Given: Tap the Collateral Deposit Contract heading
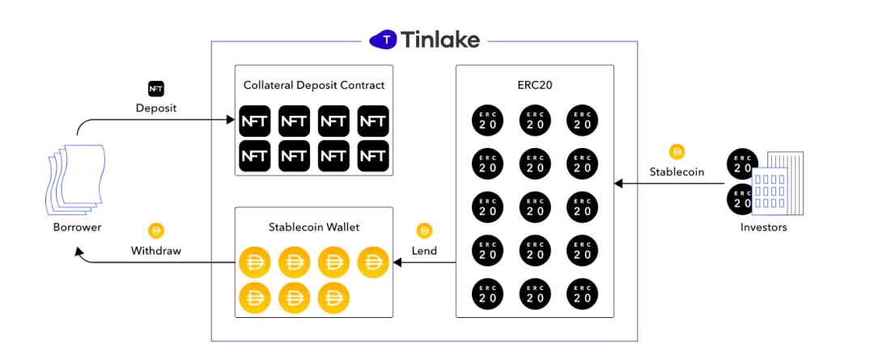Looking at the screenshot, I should coord(314,85).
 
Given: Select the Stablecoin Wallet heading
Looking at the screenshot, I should coord(313,227).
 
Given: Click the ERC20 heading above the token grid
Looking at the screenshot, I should coord(534,85).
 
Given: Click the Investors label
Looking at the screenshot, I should coord(763,227).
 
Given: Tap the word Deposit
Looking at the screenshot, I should coord(155,108).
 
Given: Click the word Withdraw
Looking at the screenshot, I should coord(155,251).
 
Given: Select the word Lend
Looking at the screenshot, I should coord(424,251).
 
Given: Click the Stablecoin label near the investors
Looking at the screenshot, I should coord(677,172).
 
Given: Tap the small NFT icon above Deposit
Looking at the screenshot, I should coord(155,88).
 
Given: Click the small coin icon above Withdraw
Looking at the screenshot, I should coord(155,231).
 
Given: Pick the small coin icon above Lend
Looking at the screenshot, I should coord(424,231).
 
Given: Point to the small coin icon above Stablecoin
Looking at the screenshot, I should coord(677,151).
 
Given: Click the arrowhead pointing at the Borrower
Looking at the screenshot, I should coord(79,252).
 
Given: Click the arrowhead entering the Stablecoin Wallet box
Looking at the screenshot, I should coord(397,263).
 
